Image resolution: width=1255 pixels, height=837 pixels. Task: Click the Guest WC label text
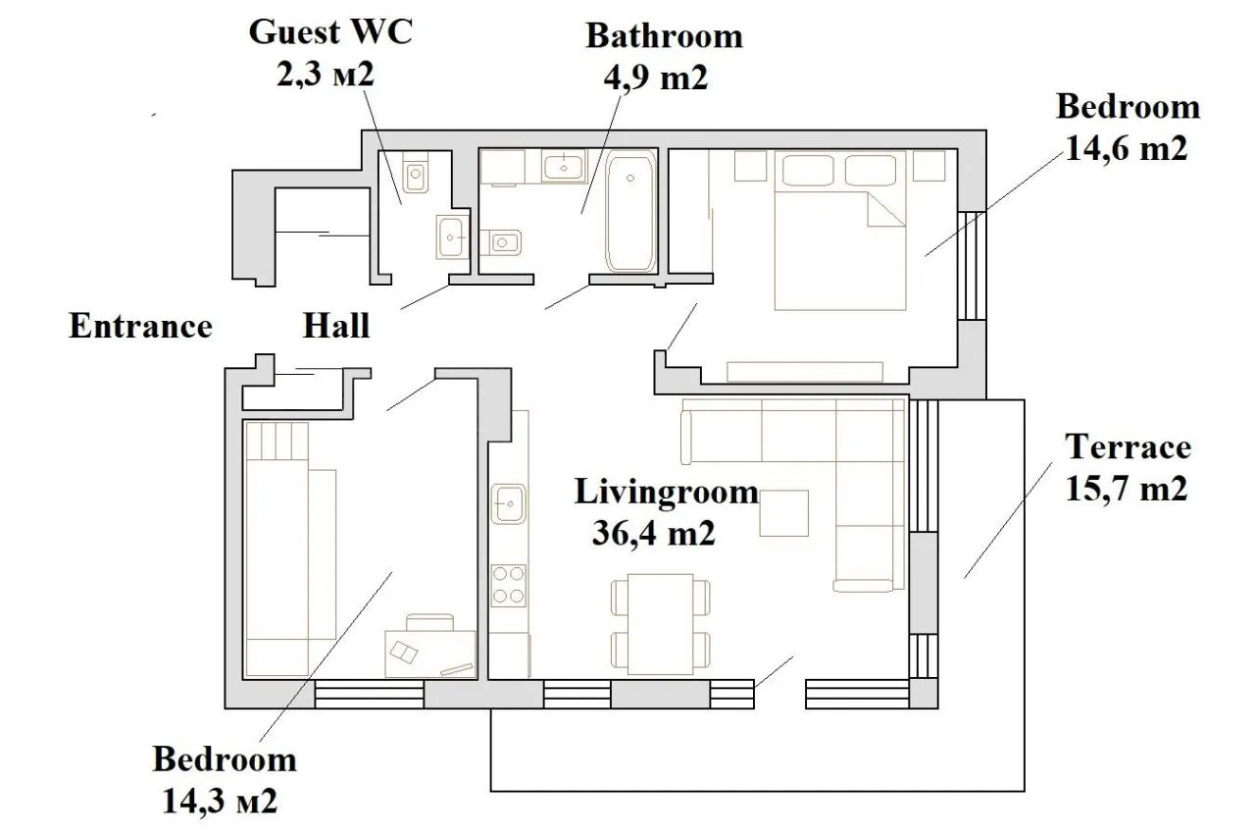pos(330,32)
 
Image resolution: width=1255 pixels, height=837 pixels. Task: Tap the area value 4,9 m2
pos(656,78)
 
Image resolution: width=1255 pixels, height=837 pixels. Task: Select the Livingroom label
pos(666,492)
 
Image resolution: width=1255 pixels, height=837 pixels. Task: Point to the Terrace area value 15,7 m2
pos(1127,488)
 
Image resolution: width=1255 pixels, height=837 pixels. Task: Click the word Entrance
pos(140,326)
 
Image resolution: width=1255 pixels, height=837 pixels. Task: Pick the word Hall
pos(336,326)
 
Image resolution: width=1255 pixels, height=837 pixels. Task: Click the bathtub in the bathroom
pos(630,212)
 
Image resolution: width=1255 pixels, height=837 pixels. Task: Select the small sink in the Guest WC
pos(452,237)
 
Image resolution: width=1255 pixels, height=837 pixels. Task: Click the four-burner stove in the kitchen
pos(509,585)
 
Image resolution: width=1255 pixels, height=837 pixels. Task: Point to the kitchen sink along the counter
pos(509,504)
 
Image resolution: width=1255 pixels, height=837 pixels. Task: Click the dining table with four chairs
pos(661,624)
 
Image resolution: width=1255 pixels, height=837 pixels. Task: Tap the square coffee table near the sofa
pos(783,513)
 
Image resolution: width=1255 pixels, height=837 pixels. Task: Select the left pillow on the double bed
pos(808,170)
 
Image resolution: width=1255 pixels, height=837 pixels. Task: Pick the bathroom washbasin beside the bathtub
pos(564,166)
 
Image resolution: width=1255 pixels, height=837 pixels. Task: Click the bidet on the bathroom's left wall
pos(501,242)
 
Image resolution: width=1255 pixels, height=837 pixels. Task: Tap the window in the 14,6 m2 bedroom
pos(972,266)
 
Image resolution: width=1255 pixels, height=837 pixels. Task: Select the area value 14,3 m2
pos(220,801)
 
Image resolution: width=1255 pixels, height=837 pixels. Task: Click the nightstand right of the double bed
pos(929,166)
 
